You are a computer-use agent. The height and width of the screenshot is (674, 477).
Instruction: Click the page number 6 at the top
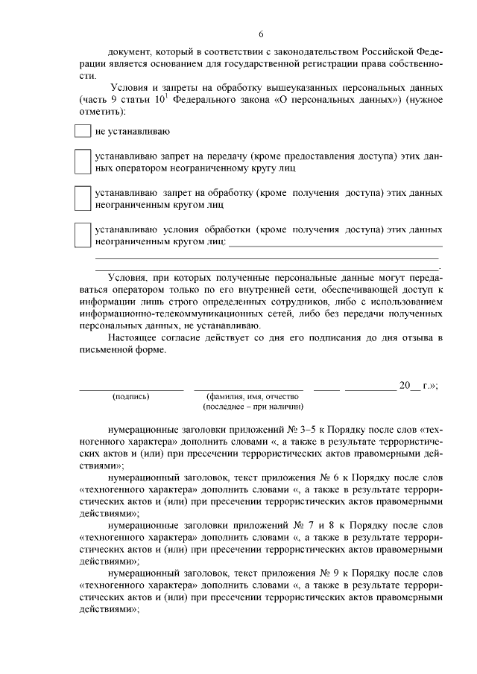(x=260, y=34)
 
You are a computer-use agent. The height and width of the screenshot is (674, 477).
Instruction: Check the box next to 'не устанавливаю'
(x=82, y=131)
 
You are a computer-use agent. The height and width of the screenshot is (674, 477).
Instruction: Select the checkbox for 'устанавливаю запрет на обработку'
(x=82, y=197)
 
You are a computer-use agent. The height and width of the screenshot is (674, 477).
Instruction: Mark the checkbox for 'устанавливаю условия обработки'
(x=82, y=235)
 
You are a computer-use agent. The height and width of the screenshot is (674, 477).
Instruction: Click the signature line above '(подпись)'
(x=131, y=389)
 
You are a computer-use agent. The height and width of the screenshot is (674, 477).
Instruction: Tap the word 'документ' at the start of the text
(x=128, y=52)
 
